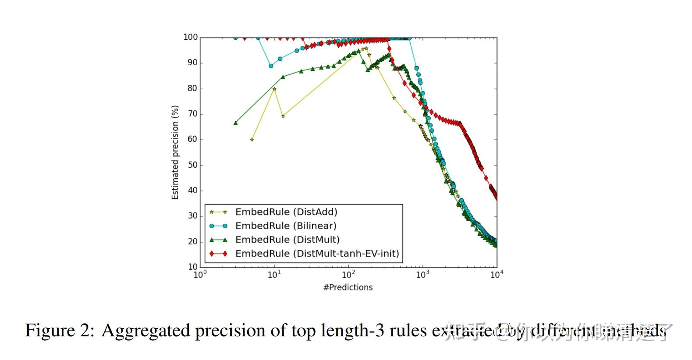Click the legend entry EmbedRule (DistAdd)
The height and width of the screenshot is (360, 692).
tap(286, 212)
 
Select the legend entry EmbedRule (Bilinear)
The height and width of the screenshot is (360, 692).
tap(286, 226)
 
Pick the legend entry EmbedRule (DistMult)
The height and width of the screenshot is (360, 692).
tap(287, 240)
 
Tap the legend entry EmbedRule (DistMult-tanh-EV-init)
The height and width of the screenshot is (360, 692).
tap(317, 254)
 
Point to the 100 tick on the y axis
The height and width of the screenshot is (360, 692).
tap(190, 37)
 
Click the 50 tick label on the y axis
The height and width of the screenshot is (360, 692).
tap(192, 165)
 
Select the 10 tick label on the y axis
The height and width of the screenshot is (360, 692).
tap(192, 267)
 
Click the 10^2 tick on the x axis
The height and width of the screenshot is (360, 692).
tap(348, 275)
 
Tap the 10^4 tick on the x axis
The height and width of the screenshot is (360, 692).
tap(497, 275)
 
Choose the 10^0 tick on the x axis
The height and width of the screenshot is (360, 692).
tap(200, 275)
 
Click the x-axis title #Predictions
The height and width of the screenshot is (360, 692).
tap(348, 287)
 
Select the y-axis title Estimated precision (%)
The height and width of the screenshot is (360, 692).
tap(175, 152)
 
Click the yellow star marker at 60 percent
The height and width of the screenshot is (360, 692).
tap(252, 140)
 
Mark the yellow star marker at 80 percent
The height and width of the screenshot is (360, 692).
tap(274, 89)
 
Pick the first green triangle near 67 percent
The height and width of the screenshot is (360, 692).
tap(236, 123)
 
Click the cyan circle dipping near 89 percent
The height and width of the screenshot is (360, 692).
tap(271, 66)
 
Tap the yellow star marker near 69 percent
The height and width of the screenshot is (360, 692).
tap(283, 116)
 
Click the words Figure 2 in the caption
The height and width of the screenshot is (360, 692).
tap(59, 330)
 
